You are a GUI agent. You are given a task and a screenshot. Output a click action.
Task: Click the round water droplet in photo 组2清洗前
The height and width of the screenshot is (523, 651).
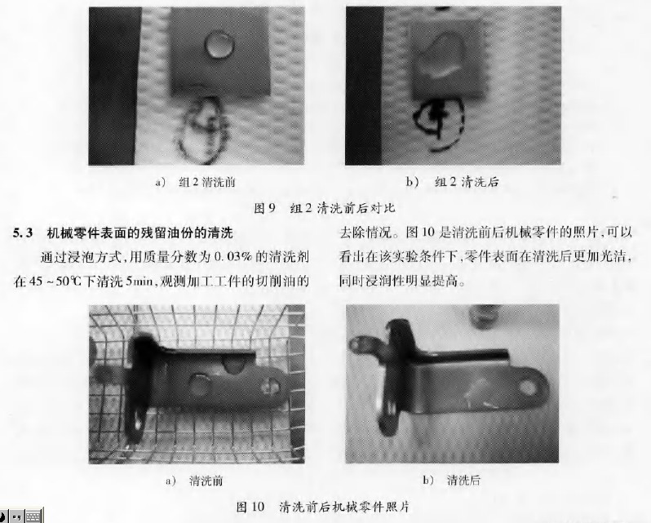(x=219, y=44)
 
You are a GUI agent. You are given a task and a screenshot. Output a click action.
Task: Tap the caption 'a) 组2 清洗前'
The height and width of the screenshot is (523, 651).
(x=195, y=182)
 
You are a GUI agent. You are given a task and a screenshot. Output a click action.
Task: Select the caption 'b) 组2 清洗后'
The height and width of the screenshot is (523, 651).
(x=452, y=181)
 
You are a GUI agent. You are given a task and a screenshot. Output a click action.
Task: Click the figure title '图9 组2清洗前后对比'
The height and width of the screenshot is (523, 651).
(x=324, y=207)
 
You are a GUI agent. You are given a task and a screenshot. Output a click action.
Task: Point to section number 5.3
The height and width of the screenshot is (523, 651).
(x=22, y=233)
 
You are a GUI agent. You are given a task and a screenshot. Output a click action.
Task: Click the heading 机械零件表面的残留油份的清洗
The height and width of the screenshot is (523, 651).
(x=140, y=233)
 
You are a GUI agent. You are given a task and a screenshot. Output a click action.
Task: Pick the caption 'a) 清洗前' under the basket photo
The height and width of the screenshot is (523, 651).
(x=194, y=481)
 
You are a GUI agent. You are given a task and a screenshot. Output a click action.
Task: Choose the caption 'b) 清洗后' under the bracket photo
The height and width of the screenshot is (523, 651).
(x=452, y=481)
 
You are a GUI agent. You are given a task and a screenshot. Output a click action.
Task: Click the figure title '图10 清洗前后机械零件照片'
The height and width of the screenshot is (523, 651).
(x=322, y=507)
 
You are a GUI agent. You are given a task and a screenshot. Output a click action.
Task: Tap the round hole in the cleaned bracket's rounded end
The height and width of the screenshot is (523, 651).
(x=528, y=388)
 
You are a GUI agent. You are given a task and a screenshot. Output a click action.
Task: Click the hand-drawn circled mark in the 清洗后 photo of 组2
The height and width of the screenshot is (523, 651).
(x=439, y=122)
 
